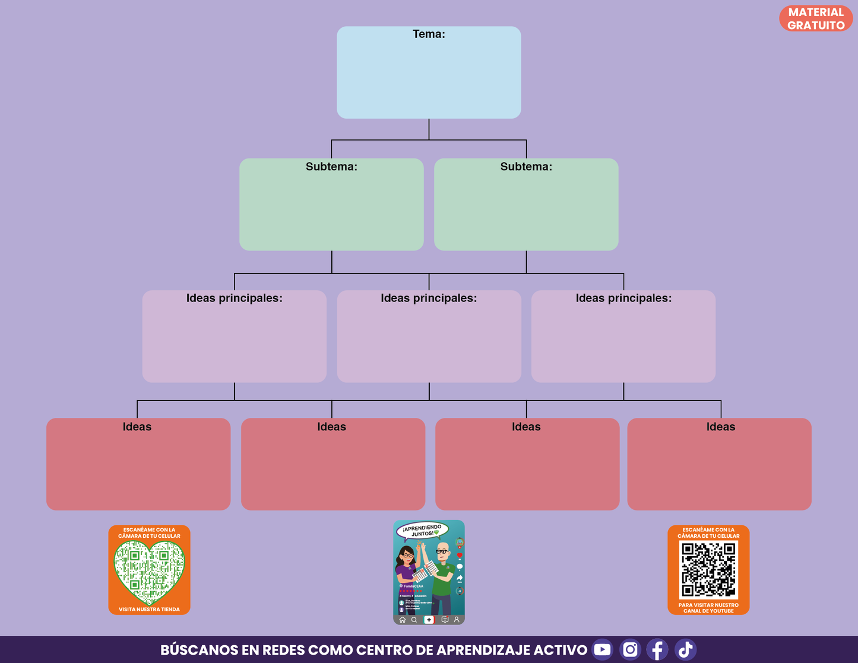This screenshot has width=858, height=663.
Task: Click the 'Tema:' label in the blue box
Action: [429, 34]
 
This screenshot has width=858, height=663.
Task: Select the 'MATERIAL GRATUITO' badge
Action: [816, 18]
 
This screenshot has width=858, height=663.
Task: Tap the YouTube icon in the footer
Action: [602, 649]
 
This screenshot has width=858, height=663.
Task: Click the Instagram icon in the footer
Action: [630, 649]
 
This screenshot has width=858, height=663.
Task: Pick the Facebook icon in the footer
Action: [657, 649]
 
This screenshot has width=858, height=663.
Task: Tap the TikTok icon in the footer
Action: [685, 649]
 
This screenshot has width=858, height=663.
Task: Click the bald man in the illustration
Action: [442, 576]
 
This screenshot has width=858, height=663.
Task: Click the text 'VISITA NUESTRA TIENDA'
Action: [149, 609]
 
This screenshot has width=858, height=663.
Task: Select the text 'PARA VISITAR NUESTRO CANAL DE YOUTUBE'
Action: [708, 608]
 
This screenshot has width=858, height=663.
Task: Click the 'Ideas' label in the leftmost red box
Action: [137, 427]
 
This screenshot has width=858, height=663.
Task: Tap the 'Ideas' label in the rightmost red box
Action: [721, 427]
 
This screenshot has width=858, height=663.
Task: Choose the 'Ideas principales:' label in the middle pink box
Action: [429, 298]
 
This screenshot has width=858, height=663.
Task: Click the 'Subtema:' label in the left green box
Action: [331, 167]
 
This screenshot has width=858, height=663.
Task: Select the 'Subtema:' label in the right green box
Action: [526, 167]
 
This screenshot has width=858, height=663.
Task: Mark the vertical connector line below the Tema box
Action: [429, 129]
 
